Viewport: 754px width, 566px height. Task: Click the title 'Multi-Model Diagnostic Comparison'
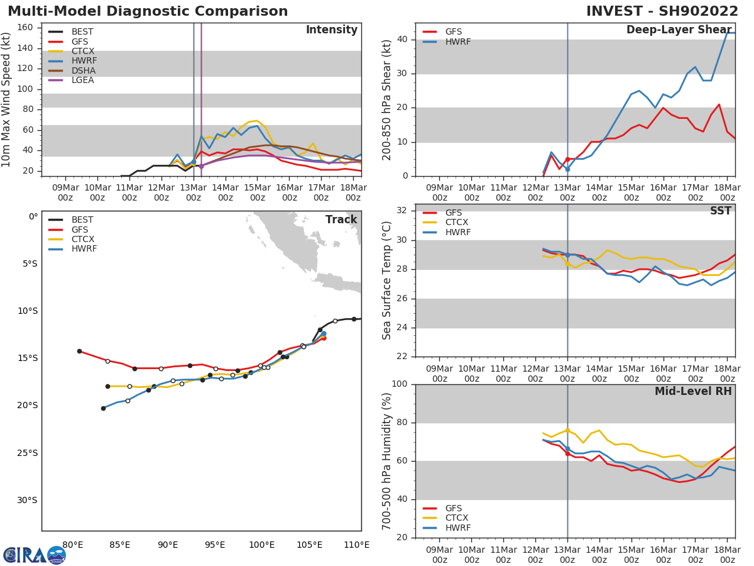coord(148,11)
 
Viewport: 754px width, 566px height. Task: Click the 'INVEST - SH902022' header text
coord(662,11)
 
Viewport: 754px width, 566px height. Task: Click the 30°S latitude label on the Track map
coord(27,501)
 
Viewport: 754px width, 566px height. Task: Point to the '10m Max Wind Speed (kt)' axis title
coord(7,99)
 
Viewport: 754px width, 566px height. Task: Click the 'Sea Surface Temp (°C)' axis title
coord(388,280)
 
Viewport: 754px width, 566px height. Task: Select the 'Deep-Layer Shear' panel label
coord(679,30)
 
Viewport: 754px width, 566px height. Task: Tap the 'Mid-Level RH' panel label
coord(693,391)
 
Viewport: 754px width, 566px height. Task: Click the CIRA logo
coord(35,555)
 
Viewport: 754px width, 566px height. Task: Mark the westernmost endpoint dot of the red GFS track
coord(79,351)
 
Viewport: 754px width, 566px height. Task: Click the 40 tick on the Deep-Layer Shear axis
coord(402,40)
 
